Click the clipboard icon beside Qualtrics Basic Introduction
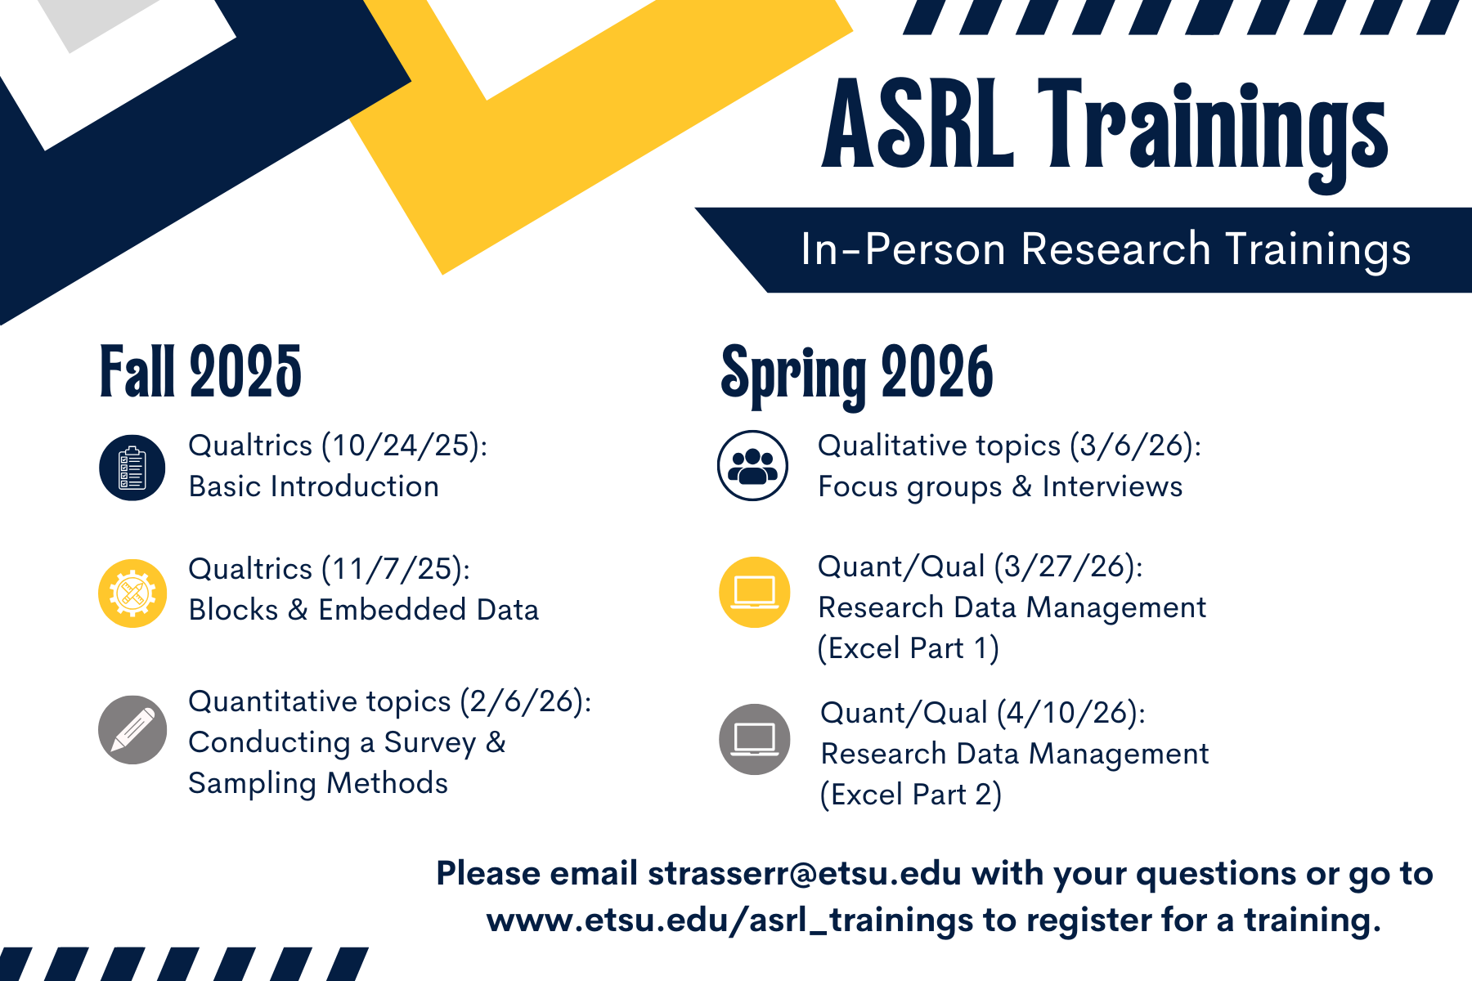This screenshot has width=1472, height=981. pyautogui.click(x=132, y=468)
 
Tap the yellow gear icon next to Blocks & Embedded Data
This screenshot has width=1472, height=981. pyautogui.click(x=132, y=593)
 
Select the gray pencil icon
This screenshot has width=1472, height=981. pyautogui.click(x=132, y=729)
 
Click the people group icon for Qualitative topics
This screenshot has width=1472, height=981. pyautogui.click(x=752, y=466)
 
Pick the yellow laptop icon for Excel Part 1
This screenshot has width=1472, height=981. pyautogui.click(x=754, y=592)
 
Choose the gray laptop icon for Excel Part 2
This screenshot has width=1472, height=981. pyautogui.click(x=754, y=738)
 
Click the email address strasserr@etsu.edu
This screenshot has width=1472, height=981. pyautogui.click(x=804, y=873)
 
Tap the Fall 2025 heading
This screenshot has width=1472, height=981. pyautogui.click(x=200, y=373)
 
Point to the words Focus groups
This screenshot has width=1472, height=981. pyautogui.click(x=909, y=487)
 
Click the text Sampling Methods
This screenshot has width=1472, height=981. pyautogui.click(x=317, y=783)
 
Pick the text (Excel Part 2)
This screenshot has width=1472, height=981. pyautogui.click(x=910, y=795)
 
